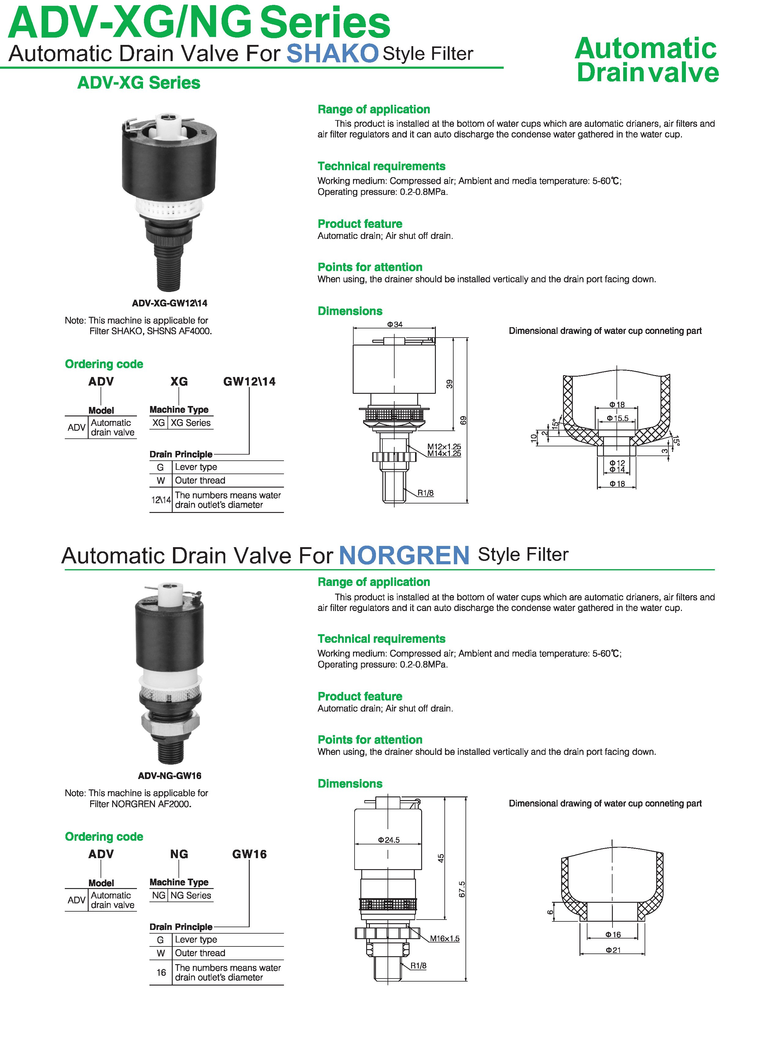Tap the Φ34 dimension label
pyautogui.click(x=395, y=324)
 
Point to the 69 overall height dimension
pyautogui.click(x=463, y=420)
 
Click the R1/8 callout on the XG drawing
pyautogui.click(x=425, y=493)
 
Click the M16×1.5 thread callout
pyautogui.click(x=444, y=938)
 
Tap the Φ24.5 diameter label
pyautogui.click(x=389, y=840)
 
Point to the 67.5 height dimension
pyautogui.click(x=462, y=889)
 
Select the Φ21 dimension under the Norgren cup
pyautogui.click(x=613, y=950)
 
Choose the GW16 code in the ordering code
pyautogui.click(x=249, y=854)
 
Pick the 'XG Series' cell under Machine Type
pyautogui.click(x=190, y=423)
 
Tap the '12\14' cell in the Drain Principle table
pyautogui.click(x=160, y=500)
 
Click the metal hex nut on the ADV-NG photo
pyautogui.click(x=170, y=722)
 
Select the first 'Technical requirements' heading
pyautogui.click(x=381, y=166)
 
